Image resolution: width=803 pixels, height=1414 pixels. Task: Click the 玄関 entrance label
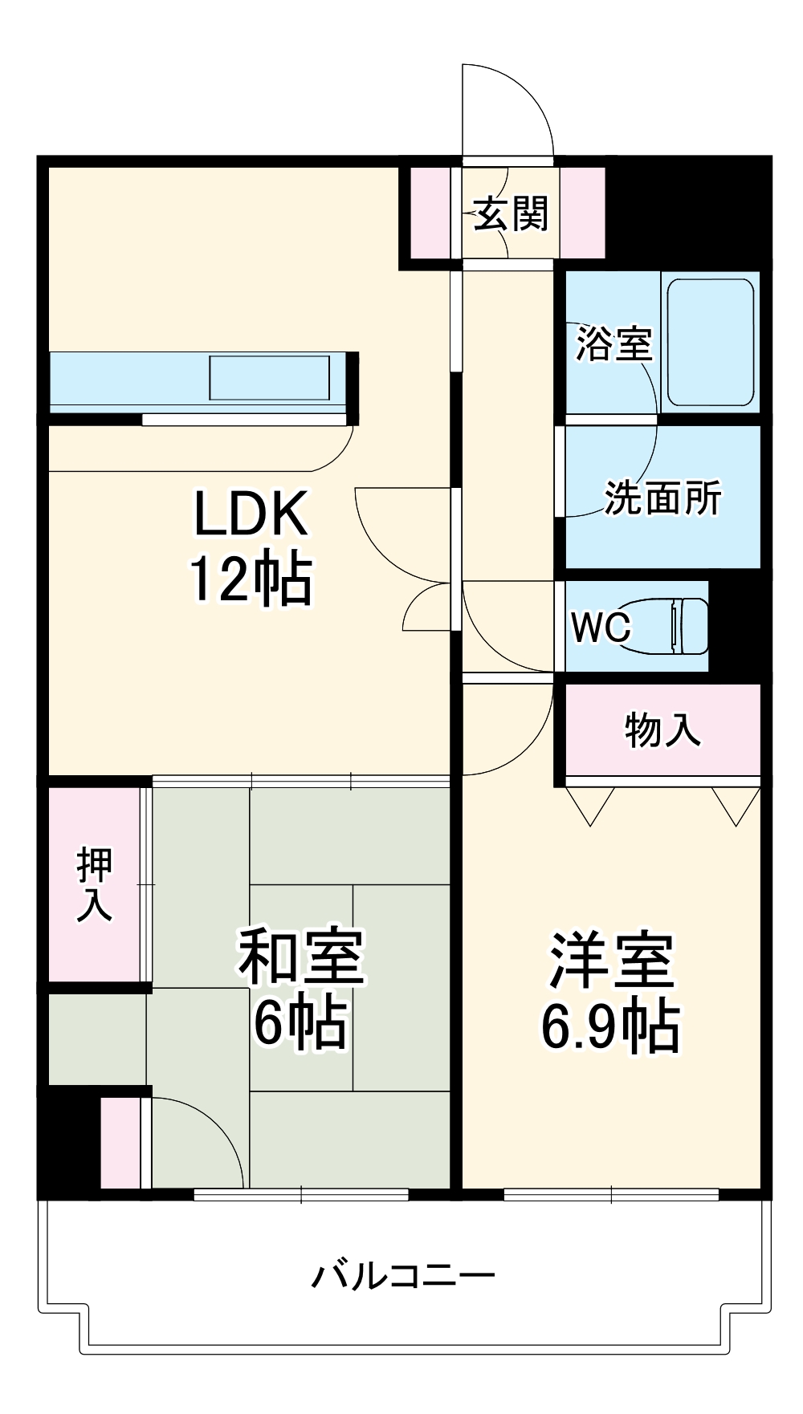[510, 214]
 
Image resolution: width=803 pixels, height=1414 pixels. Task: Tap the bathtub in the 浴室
[710, 342]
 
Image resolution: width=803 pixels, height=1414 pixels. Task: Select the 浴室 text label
[613, 343]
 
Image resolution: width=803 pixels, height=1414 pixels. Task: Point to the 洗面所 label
[662, 498]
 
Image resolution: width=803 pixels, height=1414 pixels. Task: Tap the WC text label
[601, 627]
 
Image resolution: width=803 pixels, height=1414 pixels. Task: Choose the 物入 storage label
[662, 729]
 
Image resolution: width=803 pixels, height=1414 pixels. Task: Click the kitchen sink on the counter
[269, 378]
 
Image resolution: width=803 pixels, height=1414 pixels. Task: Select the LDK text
[251, 514]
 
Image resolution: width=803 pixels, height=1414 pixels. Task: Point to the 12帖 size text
[251, 579]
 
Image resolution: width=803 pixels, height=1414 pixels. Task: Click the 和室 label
[301, 957]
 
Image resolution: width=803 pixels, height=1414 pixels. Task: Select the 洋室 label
[611, 961]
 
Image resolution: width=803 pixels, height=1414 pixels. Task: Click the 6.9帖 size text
[610, 1026]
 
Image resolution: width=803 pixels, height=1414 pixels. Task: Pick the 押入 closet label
[95, 884]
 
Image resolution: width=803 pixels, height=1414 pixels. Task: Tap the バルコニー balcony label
[403, 1275]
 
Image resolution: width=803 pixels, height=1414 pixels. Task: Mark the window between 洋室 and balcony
[611, 1194]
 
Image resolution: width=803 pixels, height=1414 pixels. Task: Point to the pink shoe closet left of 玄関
[430, 213]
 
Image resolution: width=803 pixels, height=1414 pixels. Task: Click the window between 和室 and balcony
[301, 1194]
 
